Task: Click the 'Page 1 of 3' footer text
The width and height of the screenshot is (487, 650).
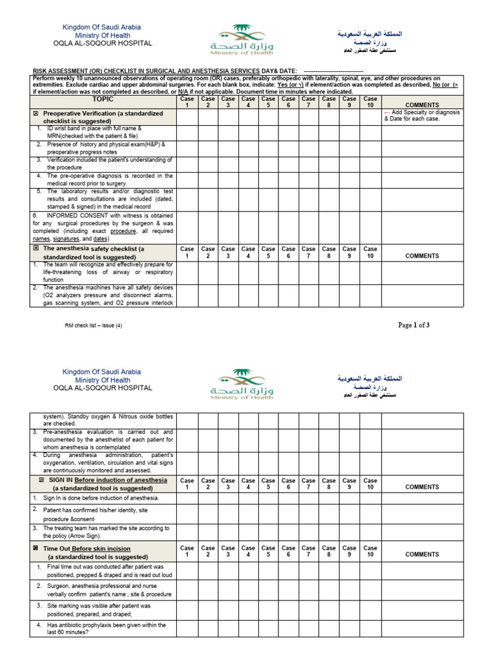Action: [x=413, y=325]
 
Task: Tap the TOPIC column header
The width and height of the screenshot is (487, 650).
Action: [x=103, y=99]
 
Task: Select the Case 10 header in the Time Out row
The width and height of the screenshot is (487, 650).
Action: [x=370, y=551]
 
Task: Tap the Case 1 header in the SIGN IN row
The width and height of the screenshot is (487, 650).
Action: [x=187, y=484]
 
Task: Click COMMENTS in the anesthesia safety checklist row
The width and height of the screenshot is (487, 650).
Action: [x=422, y=256]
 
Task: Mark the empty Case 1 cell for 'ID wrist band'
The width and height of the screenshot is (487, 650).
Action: [x=187, y=132]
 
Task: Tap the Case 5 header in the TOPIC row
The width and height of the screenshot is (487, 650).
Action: [x=268, y=102]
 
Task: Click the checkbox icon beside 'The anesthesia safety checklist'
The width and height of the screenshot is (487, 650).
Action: [x=36, y=249]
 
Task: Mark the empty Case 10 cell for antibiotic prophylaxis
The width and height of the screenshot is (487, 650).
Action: [x=370, y=628]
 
